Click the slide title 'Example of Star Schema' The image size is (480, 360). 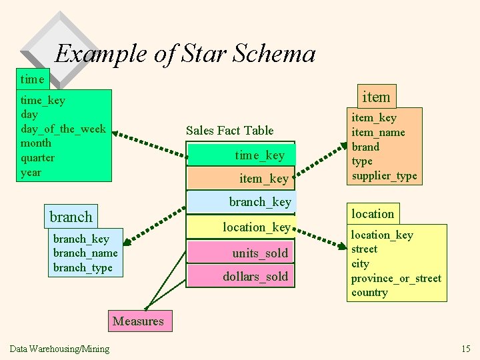point(185,54)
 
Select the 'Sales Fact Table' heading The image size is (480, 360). point(229,130)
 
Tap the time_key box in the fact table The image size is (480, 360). point(241,155)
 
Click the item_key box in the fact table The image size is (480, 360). point(241,178)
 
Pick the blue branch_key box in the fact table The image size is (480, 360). point(241,201)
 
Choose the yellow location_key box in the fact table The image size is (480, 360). point(241,227)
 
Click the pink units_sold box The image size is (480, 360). point(241,253)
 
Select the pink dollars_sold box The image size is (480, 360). point(241,276)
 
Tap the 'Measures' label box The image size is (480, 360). point(138,321)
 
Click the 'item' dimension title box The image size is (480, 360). point(375,97)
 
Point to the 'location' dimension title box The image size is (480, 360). point(373,214)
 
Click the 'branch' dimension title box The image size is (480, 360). point(71,217)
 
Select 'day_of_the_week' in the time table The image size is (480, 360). point(63,129)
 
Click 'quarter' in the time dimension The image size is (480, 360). point(37,157)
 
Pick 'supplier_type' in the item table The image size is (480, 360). point(384,176)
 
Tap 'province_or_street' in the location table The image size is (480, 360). point(396,278)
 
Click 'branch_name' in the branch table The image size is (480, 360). point(85,253)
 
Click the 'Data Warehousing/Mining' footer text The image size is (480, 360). point(60,349)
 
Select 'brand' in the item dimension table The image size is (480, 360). point(365,147)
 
